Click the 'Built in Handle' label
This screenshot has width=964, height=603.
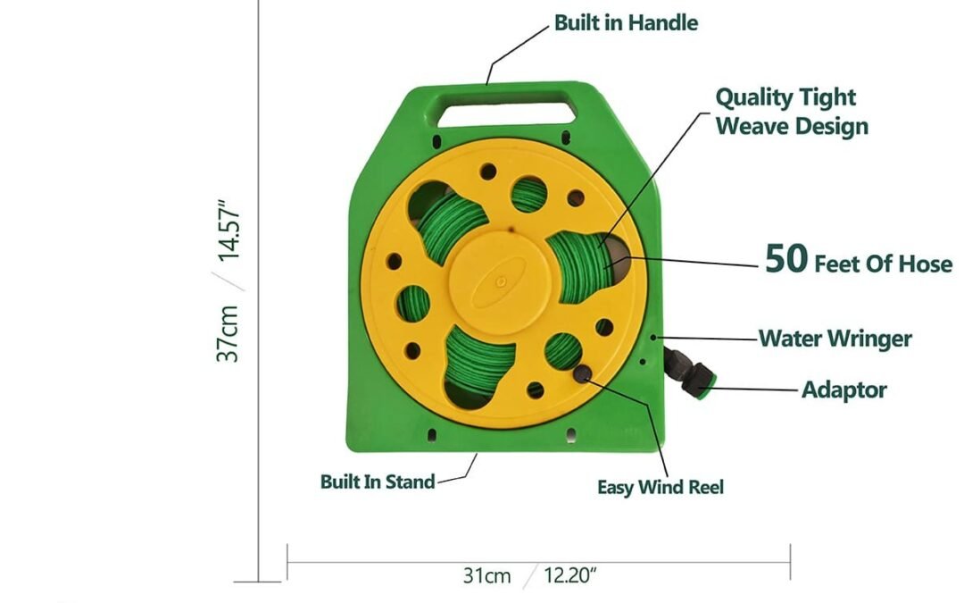click(626, 23)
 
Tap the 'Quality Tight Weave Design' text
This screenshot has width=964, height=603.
click(791, 111)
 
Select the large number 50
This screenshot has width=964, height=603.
click(785, 259)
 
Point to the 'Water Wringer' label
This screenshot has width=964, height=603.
click(835, 339)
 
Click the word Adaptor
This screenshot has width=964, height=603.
click(843, 389)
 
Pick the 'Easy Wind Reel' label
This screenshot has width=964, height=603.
click(660, 487)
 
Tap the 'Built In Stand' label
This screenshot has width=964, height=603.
click(378, 482)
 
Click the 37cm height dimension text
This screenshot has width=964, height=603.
click(229, 333)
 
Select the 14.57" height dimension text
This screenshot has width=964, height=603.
click(229, 230)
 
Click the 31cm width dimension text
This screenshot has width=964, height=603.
click(486, 575)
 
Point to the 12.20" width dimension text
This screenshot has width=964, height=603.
click(570, 575)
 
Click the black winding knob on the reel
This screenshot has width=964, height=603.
click(583, 372)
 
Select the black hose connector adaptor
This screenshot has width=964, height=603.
click(688, 376)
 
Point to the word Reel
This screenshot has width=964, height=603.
click(706, 487)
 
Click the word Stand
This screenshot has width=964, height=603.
click(410, 482)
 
